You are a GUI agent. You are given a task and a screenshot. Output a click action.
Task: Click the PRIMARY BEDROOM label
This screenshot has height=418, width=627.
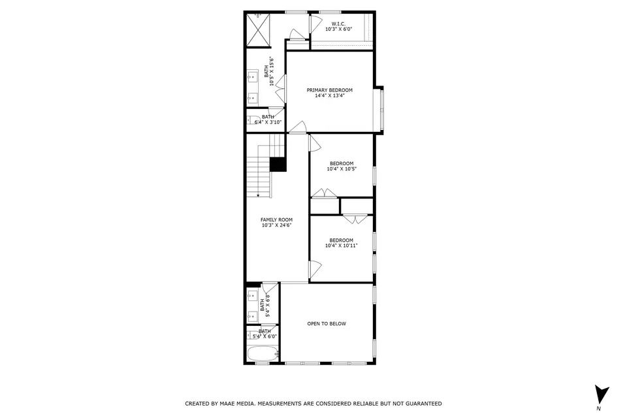click(x=329, y=89)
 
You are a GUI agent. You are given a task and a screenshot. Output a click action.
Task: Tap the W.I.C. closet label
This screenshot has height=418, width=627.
click(x=338, y=24)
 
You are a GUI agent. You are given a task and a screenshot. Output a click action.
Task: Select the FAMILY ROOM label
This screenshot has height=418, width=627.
click(x=276, y=219)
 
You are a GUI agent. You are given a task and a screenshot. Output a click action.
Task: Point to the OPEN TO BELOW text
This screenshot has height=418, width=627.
click(x=327, y=324)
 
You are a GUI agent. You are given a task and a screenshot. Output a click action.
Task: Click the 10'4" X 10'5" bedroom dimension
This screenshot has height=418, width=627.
click(x=341, y=169)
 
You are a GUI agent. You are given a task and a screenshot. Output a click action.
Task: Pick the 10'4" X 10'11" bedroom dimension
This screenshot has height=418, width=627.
click(x=341, y=246)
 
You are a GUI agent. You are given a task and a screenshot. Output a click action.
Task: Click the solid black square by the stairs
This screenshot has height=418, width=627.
click(x=278, y=164)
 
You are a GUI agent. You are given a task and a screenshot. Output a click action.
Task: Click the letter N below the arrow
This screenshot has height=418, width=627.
click(x=599, y=409)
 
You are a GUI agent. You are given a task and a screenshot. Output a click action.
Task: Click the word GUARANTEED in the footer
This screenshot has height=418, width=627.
click(x=421, y=404)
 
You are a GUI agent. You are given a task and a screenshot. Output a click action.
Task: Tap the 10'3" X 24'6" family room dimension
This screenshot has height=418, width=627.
click(x=276, y=225)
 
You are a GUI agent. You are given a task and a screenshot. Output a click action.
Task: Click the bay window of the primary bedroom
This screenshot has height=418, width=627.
click(x=379, y=108)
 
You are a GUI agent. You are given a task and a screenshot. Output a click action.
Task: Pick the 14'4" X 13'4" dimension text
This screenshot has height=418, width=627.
click(x=329, y=95)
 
